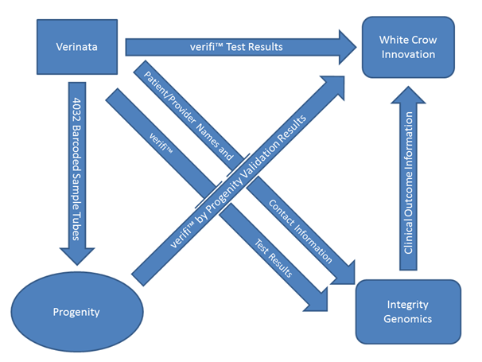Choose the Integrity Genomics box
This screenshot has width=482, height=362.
409,311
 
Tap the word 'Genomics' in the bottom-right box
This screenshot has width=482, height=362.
409,318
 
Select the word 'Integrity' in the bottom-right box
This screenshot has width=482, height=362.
409,304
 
